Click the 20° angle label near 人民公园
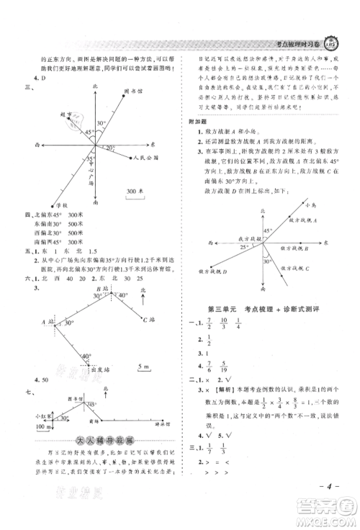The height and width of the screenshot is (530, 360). [109, 148]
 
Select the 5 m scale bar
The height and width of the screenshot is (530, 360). [147, 369]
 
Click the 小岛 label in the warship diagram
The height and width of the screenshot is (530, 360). [310, 205]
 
